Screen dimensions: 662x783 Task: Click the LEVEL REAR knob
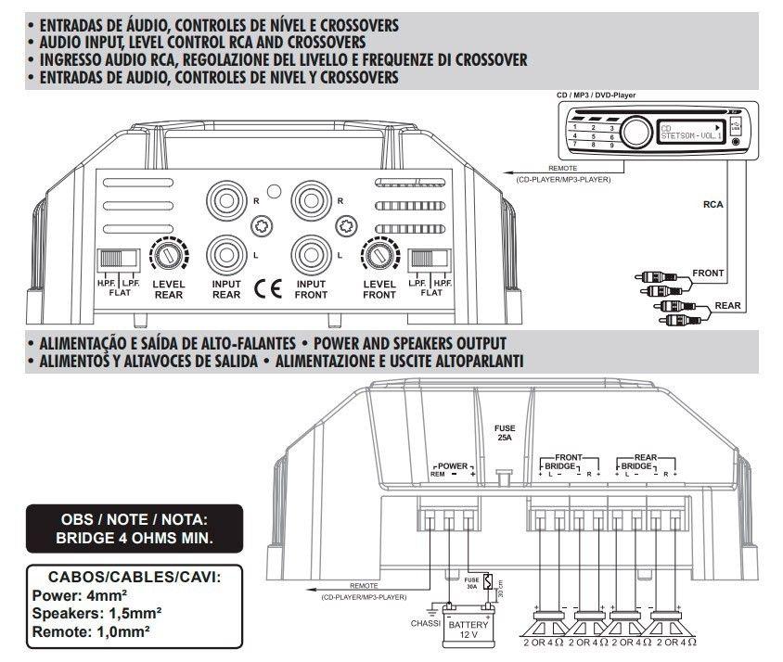[x=168, y=253]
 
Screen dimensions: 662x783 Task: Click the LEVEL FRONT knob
[x=379, y=253]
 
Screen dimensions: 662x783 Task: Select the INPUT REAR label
[x=226, y=289]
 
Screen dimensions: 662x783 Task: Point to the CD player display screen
[x=691, y=133]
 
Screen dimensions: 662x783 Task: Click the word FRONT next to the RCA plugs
[x=709, y=274]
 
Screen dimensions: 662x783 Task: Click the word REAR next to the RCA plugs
[x=725, y=305]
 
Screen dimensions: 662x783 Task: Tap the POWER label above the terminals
[x=454, y=465]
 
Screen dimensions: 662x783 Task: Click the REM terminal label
[x=437, y=475]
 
